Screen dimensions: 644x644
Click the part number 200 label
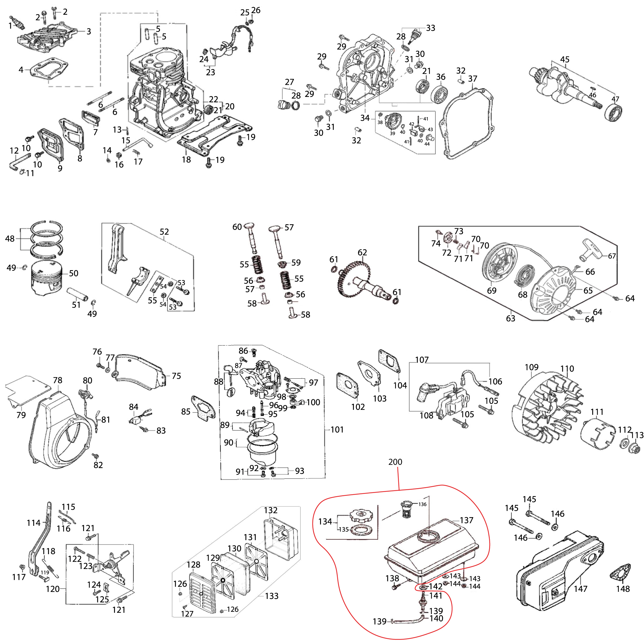coord(395,462)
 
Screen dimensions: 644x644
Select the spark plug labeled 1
coord(17,22)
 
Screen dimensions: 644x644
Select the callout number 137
coord(466,520)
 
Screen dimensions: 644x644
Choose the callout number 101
coord(337,429)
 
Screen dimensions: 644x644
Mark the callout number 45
coord(565,59)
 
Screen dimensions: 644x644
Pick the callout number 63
coord(510,319)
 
